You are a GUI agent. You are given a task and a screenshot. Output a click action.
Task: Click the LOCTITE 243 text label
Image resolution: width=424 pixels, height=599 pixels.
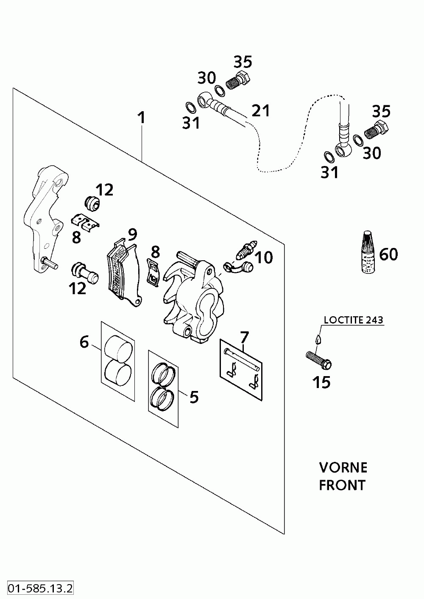pyautogui.click(x=354, y=320)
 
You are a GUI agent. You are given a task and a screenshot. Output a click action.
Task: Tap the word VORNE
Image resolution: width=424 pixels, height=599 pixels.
pyautogui.click(x=343, y=468)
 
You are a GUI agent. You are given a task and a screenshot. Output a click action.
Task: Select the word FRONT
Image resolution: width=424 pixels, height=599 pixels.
pyautogui.click(x=342, y=485)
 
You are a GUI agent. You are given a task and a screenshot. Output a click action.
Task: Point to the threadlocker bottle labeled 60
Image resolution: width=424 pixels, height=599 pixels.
pyautogui.click(x=368, y=253)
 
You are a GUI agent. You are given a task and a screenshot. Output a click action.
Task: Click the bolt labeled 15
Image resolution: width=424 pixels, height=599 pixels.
pyautogui.click(x=318, y=360)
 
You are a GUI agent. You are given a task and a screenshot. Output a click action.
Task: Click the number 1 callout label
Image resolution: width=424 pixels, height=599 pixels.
pyautogui.click(x=141, y=118)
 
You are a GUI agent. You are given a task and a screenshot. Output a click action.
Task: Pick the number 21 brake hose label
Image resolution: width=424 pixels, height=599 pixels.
pyautogui.click(x=261, y=111)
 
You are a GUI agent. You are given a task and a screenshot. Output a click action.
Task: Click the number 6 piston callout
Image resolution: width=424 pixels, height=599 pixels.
pyautogui.click(x=84, y=342)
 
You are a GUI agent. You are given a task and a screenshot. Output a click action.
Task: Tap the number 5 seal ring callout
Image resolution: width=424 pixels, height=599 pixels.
pyautogui.click(x=194, y=397)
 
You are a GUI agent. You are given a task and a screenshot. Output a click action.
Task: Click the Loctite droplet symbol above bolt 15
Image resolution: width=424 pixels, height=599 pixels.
pyautogui.click(x=318, y=339)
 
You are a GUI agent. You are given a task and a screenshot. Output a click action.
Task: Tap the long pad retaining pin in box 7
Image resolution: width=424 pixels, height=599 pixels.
pyautogui.click(x=242, y=359)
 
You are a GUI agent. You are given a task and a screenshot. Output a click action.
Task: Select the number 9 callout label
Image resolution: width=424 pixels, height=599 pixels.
pyautogui.click(x=133, y=234)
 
